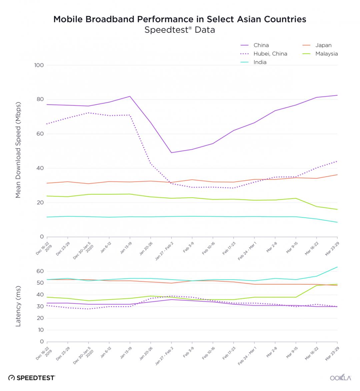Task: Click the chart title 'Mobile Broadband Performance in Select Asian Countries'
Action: point(180,19)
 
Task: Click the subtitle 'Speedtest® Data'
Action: point(180,30)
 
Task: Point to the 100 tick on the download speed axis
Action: point(39,65)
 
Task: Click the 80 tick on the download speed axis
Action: point(40,99)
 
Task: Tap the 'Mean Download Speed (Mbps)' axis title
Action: point(18,150)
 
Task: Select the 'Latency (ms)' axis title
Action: point(18,306)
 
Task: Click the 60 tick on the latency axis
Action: point(40,271)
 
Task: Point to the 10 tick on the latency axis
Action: point(41,330)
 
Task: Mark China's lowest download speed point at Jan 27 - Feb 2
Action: point(171,153)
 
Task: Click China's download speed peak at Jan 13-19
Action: point(130,96)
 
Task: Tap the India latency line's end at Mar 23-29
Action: point(337,267)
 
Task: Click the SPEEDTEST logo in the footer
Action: point(32,378)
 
